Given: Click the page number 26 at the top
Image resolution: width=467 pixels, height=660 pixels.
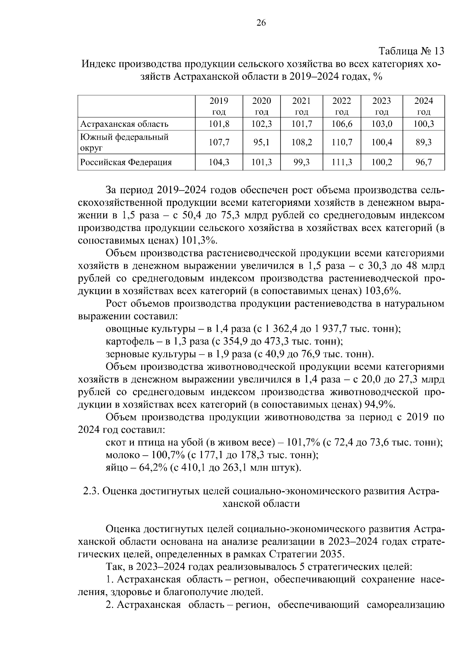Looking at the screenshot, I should [x=261, y=23].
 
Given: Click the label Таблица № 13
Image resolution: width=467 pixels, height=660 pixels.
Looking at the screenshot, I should [x=411, y=51].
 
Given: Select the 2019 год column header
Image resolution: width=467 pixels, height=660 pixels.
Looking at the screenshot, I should [x=219, y=106].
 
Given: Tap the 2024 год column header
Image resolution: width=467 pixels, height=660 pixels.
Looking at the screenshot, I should [x=423, y=106].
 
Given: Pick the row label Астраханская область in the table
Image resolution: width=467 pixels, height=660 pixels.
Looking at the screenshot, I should [x=124, y=124].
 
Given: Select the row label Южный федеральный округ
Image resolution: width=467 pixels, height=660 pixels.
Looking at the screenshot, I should [x=124, y=142].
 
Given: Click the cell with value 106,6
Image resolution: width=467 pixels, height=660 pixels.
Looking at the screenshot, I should [x=342, y=124].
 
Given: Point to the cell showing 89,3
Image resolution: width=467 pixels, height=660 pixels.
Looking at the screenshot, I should [x=423, y=143].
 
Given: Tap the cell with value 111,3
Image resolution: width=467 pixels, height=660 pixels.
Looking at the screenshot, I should [x=342, y=163].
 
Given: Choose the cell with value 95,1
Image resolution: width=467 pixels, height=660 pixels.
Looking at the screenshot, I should [x=262, y=143].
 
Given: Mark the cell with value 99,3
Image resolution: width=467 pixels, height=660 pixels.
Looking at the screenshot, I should [x=302, y=163].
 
